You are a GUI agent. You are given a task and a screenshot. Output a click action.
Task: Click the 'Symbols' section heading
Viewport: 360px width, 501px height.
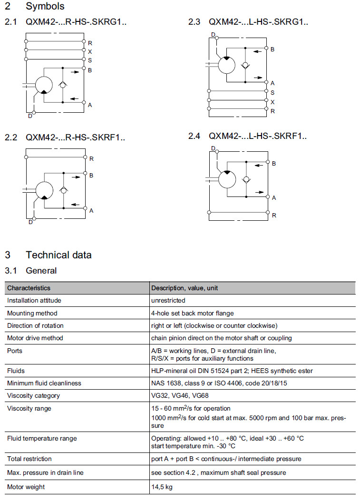45,6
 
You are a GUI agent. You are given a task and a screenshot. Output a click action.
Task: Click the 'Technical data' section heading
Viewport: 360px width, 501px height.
58,255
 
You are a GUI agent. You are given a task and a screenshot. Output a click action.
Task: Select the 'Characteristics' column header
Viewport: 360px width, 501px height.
29,288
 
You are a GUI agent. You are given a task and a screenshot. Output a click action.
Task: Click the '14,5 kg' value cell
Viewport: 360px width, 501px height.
162,487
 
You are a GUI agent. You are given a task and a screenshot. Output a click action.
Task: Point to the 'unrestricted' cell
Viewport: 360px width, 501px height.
168,300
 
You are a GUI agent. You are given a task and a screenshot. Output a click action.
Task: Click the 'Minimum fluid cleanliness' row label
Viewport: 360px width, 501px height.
44,383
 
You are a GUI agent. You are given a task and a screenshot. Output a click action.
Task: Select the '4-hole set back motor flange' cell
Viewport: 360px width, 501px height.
192,313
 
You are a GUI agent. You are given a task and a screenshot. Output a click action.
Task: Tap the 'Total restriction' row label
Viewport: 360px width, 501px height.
29,459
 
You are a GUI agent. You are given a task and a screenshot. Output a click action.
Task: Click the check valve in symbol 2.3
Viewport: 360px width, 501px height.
245,65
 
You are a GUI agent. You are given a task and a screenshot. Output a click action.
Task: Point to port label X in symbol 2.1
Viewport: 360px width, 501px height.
90,51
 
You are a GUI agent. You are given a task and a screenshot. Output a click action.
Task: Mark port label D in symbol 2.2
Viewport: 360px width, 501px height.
30,222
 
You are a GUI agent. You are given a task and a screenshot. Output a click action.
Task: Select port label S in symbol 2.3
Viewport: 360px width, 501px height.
272,93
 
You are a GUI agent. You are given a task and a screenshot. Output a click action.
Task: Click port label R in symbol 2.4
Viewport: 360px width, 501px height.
274,216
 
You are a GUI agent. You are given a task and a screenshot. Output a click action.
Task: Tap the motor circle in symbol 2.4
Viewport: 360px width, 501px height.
227,180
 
